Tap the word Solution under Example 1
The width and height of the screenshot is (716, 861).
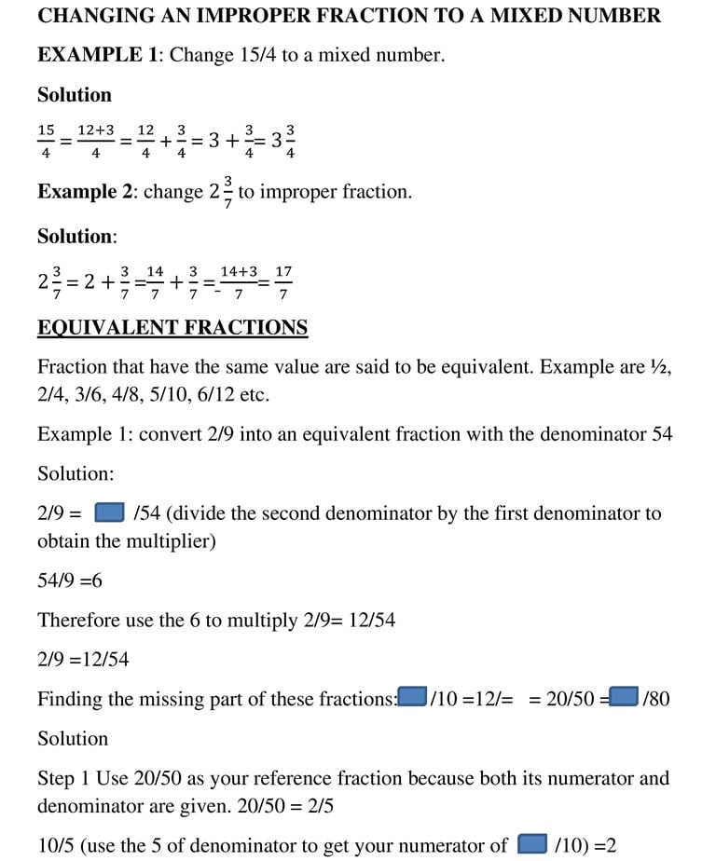75,95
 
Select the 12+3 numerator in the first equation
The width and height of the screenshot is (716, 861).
96,131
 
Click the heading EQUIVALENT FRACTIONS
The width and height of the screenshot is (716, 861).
172,328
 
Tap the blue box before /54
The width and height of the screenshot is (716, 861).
110,512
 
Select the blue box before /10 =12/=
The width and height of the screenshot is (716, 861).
412,697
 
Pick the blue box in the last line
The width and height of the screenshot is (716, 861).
531,844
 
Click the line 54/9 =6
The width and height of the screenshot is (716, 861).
70,581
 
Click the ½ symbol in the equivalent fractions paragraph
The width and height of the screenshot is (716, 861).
659,367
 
